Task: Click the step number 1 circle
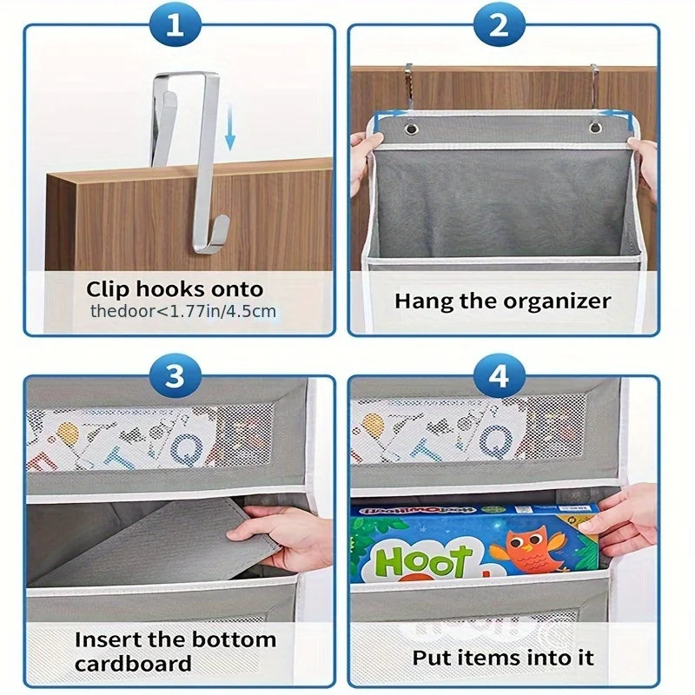click(175, 26)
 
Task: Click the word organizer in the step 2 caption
click(558, 302)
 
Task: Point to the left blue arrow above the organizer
click(389, 113)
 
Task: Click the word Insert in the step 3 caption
click(109, 640)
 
